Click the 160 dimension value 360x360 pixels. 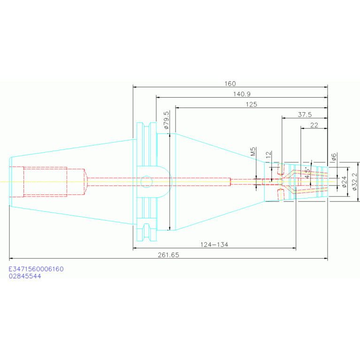pos(230,84)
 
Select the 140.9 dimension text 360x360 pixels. pos(242,94)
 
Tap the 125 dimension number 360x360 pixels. pos(251,105)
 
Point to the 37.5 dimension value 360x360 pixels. pos(305,115)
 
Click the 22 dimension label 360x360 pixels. pos(314,125)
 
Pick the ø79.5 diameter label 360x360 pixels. pos(166,120)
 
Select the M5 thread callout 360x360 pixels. pos(253,152)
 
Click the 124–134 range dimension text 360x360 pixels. pos(214,245)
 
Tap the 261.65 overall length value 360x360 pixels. pos(169,255)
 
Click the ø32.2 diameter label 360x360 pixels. pos(354,182)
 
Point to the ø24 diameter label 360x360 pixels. pos(344,182)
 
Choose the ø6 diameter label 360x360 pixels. pos(334,157)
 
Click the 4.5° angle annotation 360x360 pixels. pos(307,173)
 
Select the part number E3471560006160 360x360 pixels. pos(36,269)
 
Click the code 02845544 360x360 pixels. pos(25,276)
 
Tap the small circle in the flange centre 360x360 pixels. pos(146,182)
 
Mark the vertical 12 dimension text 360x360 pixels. pos(268,154)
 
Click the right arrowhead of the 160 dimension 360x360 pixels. pos(326,87)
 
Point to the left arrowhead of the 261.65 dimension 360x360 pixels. pos(11,259)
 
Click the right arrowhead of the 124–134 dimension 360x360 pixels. pos(294,248)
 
